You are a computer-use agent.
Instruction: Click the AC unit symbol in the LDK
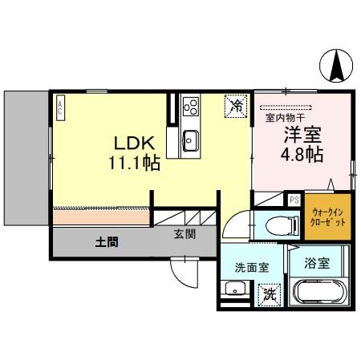(x=59, y=107)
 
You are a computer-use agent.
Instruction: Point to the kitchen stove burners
(x=192, y=106)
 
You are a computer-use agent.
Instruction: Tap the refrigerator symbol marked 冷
(x=236, y=105)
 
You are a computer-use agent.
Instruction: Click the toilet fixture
(x=269, y=224)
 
